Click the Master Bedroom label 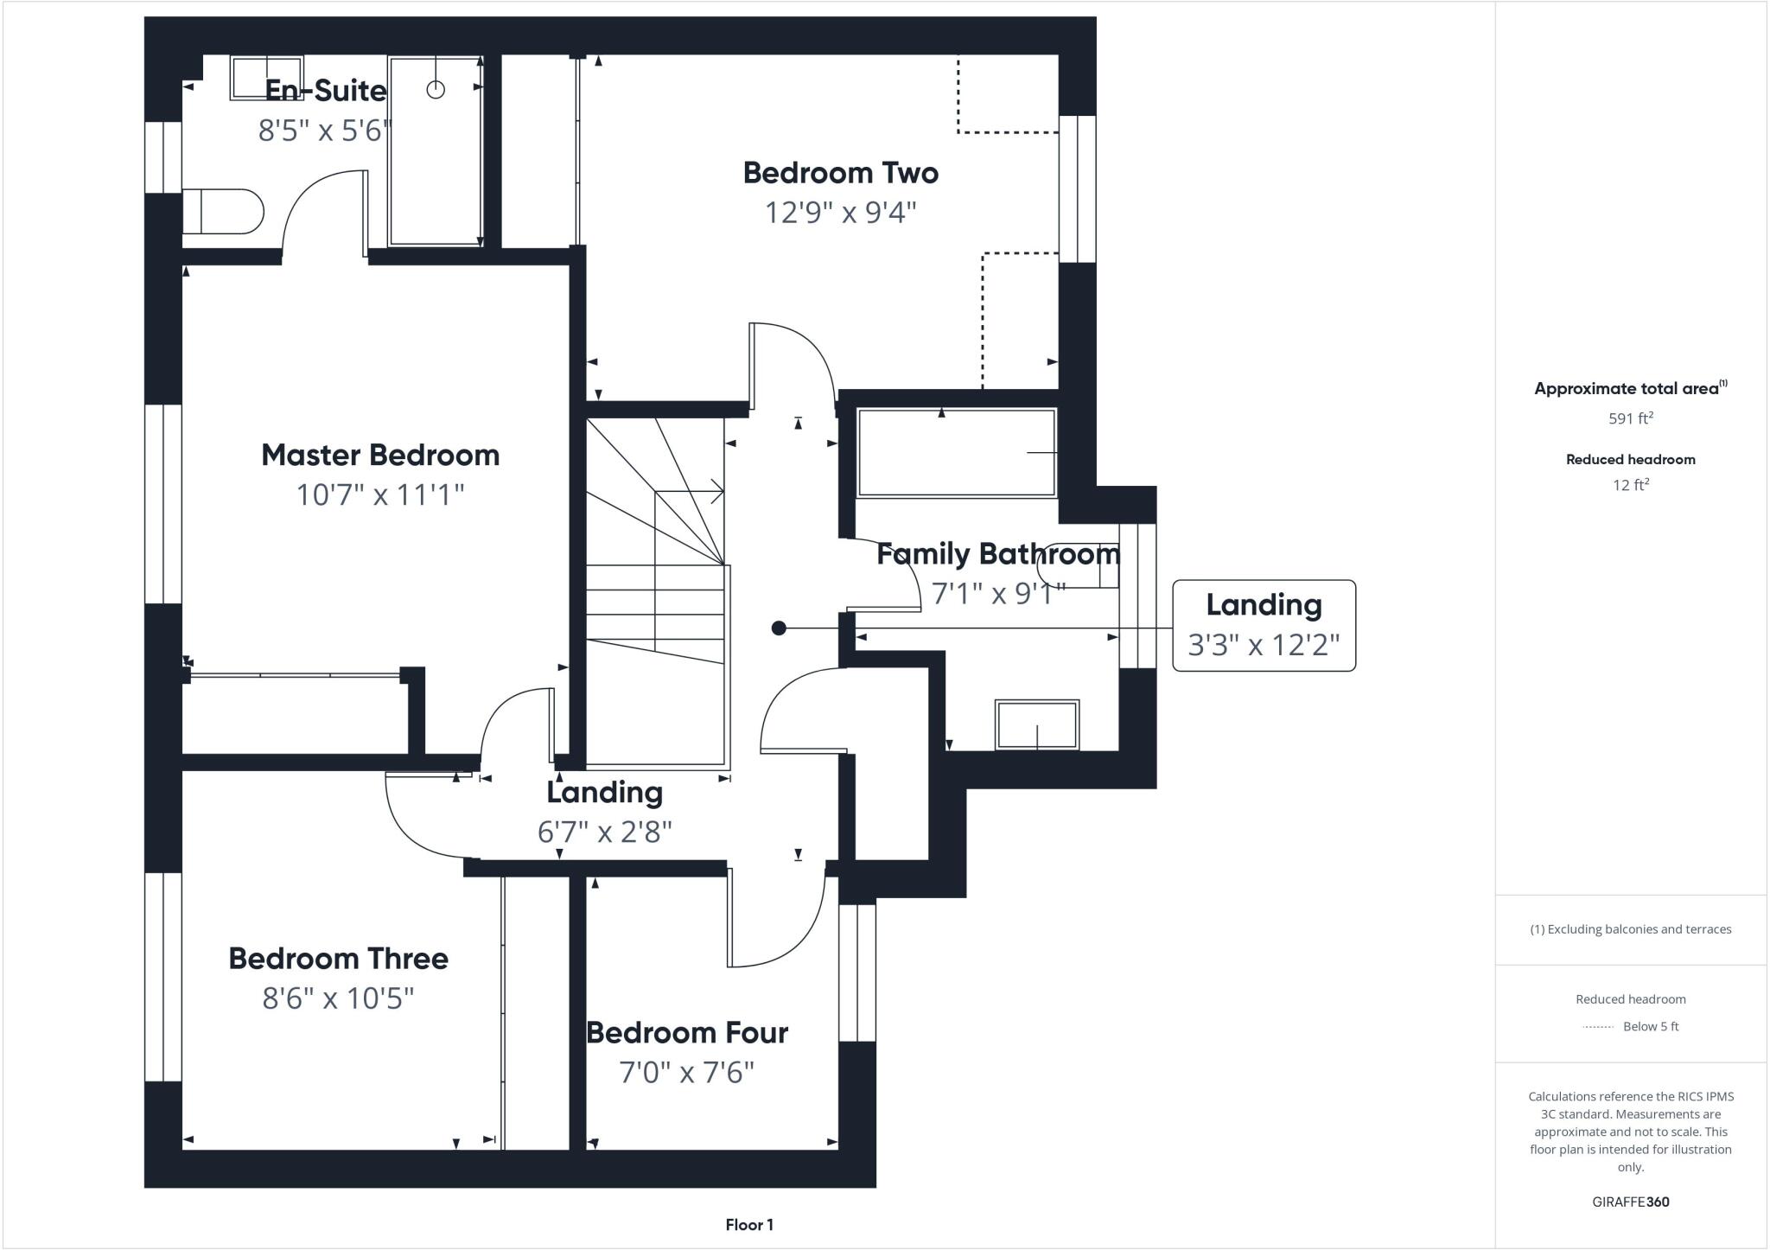click(380, 456)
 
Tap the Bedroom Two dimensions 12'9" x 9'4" click(840, 212)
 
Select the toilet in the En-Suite click(223, 212)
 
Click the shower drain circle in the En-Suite click(436, 89)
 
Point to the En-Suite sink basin click(266, 78)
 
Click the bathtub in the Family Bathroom click(956, 453)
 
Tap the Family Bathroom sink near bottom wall click(1037, 724)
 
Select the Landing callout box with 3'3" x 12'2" click(1264, 625)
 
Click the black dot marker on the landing click(779, 628)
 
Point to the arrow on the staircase click(716, 492)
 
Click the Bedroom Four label click(687, 1033)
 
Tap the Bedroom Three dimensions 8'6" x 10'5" click(338, 998)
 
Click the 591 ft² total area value click(1630, 418)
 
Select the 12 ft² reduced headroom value click(1630, 485)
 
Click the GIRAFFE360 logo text click(1630, 1202)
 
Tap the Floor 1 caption click(749, 1225)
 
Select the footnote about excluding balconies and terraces click(1630, 929)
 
